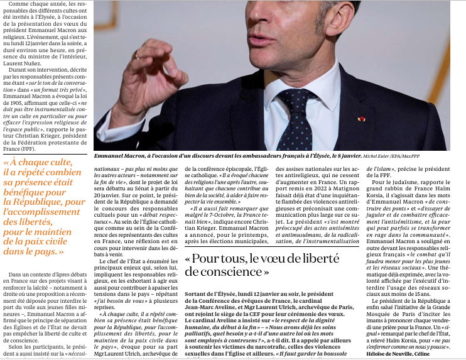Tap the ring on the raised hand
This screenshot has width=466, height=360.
point(137,56)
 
